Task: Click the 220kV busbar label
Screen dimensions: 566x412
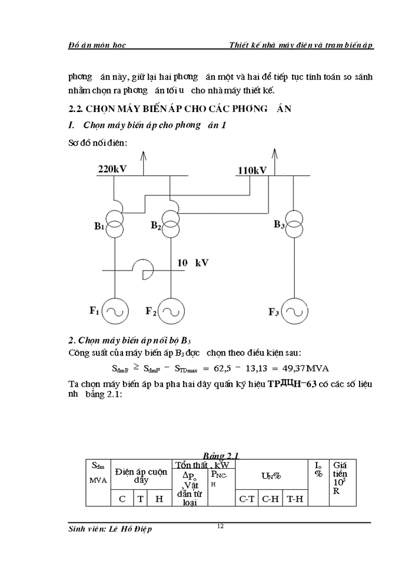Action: coord(112,169)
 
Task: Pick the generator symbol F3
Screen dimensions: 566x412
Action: coord(293,311)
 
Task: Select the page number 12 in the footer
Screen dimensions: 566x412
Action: coord(220,526)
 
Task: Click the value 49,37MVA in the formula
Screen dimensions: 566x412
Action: coord(307,368)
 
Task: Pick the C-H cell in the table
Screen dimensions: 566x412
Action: coord(270,499)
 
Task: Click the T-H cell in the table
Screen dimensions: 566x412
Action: coord(295,499)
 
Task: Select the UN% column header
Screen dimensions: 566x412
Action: coord(271,475)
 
